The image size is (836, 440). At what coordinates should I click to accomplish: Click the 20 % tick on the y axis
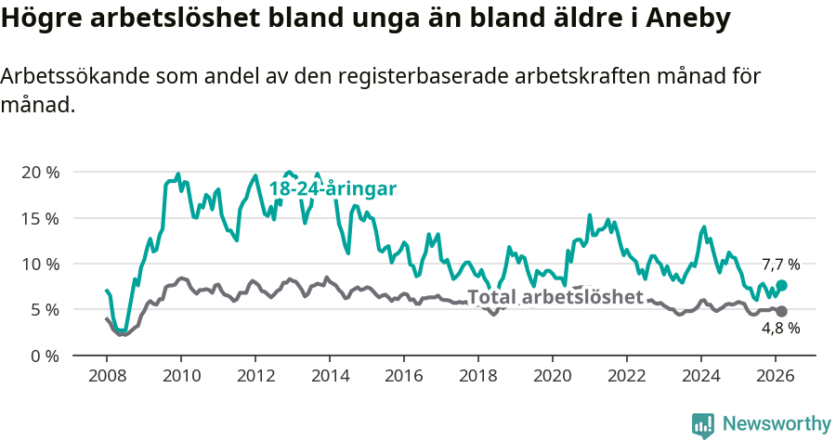40,173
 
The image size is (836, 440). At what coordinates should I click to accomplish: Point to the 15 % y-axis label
40,218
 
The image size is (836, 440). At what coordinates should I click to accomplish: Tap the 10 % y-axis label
40,264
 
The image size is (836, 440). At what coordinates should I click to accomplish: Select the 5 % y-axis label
45,309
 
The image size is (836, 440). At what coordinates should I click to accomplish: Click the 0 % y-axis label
45,355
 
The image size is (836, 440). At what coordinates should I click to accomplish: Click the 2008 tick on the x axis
107,375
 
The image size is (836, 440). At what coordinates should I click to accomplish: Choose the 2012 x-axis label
255,375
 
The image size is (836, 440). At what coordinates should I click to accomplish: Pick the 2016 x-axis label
404,375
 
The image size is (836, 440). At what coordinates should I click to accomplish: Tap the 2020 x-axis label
553,375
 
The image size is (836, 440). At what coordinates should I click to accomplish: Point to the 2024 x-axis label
701,375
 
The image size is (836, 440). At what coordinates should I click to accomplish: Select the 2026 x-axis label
776,375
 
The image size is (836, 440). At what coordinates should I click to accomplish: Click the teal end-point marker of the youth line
782,286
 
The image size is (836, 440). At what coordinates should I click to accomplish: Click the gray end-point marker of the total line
782,312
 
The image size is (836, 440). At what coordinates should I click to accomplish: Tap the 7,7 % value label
780,265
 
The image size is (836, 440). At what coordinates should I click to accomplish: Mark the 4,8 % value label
780,329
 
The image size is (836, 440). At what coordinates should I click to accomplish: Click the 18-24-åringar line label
333,188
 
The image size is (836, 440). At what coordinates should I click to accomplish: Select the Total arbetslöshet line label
555,297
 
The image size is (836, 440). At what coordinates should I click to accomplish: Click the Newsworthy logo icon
703,424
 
